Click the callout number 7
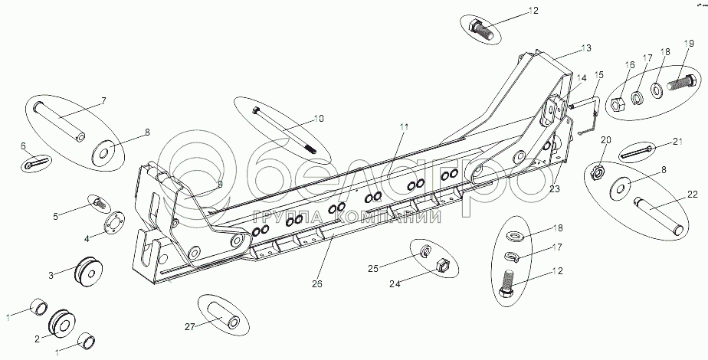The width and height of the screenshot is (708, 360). click(103, 101)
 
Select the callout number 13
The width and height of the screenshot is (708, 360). click(586, 48)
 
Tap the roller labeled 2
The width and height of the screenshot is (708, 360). click(59, 323)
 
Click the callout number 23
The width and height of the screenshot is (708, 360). click(553, 188)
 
